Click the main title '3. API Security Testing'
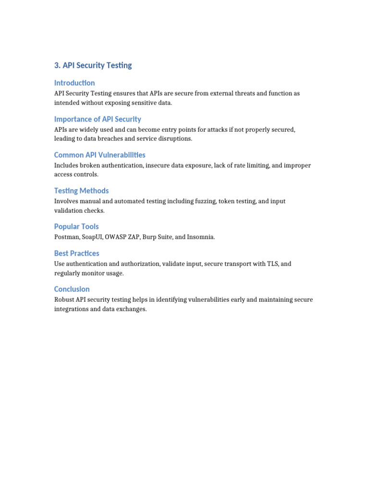pyautogui.click(x=93, y=65)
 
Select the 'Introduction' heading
pyautogui.click(x=74, y=83)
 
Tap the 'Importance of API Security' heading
pyautogui.click(x=98, y=119)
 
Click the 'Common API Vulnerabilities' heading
pyautogui.click(x=99, y=155)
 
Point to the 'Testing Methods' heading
pyautogui.click(x=81, y=191)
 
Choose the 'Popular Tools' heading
pyautogui.click(x=76, y=226)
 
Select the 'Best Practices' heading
pyautogui.click(x=76, y=253)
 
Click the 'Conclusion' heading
pyautogui.click(x=72, y=289)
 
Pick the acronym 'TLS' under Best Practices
pyautogui.click(x=273, y=264)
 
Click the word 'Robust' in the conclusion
pyautogui.click(x=65, y=299)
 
